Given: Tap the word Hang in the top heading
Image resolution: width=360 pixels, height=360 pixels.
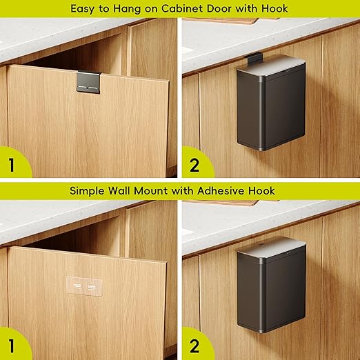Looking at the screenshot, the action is pyautogui.click(x=127, y=10).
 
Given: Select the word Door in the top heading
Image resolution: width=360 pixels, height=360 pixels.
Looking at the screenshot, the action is pyautogui.click(x=219, y=9).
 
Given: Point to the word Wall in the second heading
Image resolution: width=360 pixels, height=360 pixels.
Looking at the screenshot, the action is pyautogui.click(x=120, y=191).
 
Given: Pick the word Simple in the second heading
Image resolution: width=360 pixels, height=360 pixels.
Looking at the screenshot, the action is pyautogui.click(x=87, y=192).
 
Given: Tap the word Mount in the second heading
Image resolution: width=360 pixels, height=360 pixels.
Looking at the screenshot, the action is pyautogui.click(x=152, y=191).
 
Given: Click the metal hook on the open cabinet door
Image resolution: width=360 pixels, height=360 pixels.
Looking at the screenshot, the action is pyautogui.click(x=89, y=82).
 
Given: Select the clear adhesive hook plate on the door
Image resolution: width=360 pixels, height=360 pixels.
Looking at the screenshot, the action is pyautogui.click(x=84, y=286).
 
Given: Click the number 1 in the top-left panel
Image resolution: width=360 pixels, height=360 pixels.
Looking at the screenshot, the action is pyautogui.click(x=12, y=165).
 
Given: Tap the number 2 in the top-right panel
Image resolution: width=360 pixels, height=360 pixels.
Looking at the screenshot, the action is pyautogui.click(x=194, y=165).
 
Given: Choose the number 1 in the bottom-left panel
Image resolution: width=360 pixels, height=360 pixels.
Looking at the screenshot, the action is pyautogui.click(x=12, y=346).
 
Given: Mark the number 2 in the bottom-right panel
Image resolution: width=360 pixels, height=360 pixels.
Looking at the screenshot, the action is pyautogui.click(x=194, y=346).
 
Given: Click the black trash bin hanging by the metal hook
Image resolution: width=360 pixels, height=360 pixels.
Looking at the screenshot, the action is pyautogui.click(x=271, y=104).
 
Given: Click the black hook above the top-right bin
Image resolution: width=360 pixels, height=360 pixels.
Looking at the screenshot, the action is pyautogui.click(x=252, y=59).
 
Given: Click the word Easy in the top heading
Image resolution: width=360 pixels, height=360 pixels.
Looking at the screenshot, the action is pyautogui.click(x=83, y=10).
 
